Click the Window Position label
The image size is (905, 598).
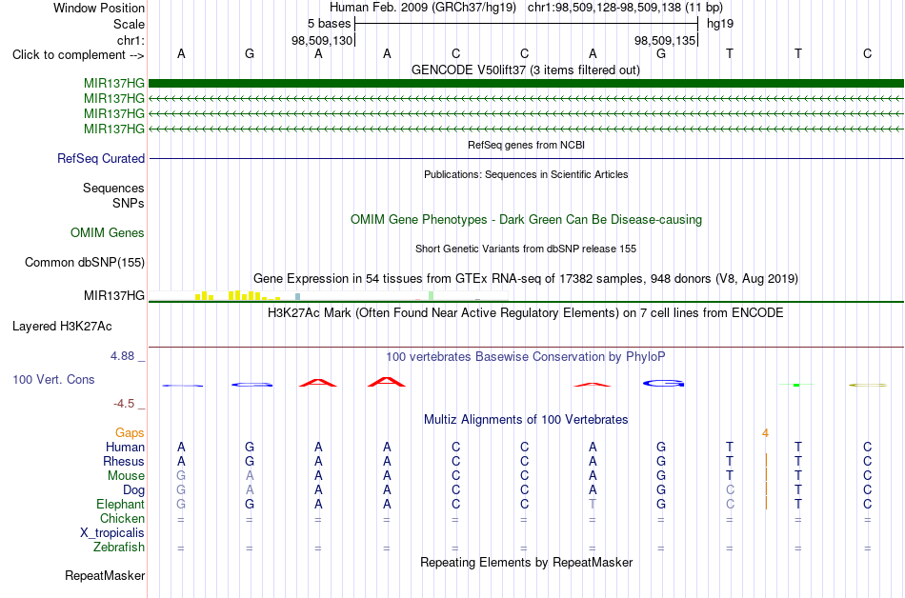[x=99, y=8]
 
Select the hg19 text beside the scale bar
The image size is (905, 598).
[x=720, y=24]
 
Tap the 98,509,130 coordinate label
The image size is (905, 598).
[x=321, y=40]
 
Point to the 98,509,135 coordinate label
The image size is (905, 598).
[x=665, y=40]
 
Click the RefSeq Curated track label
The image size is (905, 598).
[x=101, y=159]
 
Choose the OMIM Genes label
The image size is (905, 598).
[x=108, y=233]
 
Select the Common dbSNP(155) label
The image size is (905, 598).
[x=85, y=263]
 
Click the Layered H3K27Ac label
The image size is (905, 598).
[x=62, y=327]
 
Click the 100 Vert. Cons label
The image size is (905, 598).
[x=53, y=379]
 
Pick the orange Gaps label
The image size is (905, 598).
[x=130, y=433]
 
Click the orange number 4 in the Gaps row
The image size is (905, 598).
[x=765, y=433]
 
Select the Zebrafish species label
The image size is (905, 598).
[x=119, y=548]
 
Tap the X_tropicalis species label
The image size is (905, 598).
[x=112, y=533]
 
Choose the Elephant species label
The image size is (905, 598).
[x=121, y=505]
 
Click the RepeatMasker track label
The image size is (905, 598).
[x=105, y=576]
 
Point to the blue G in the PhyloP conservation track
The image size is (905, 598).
[x=663, y=384]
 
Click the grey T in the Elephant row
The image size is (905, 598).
[x=593, y=505]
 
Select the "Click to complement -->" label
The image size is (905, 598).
[x=78, y=55]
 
